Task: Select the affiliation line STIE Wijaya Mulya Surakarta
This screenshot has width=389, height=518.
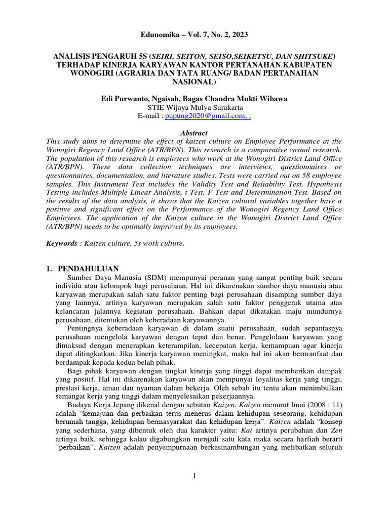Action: click(x=194, y=107)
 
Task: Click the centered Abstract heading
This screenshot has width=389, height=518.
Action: click(x=194, y=133)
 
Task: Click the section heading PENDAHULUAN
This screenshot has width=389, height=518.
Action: click(x=88, y=269)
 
